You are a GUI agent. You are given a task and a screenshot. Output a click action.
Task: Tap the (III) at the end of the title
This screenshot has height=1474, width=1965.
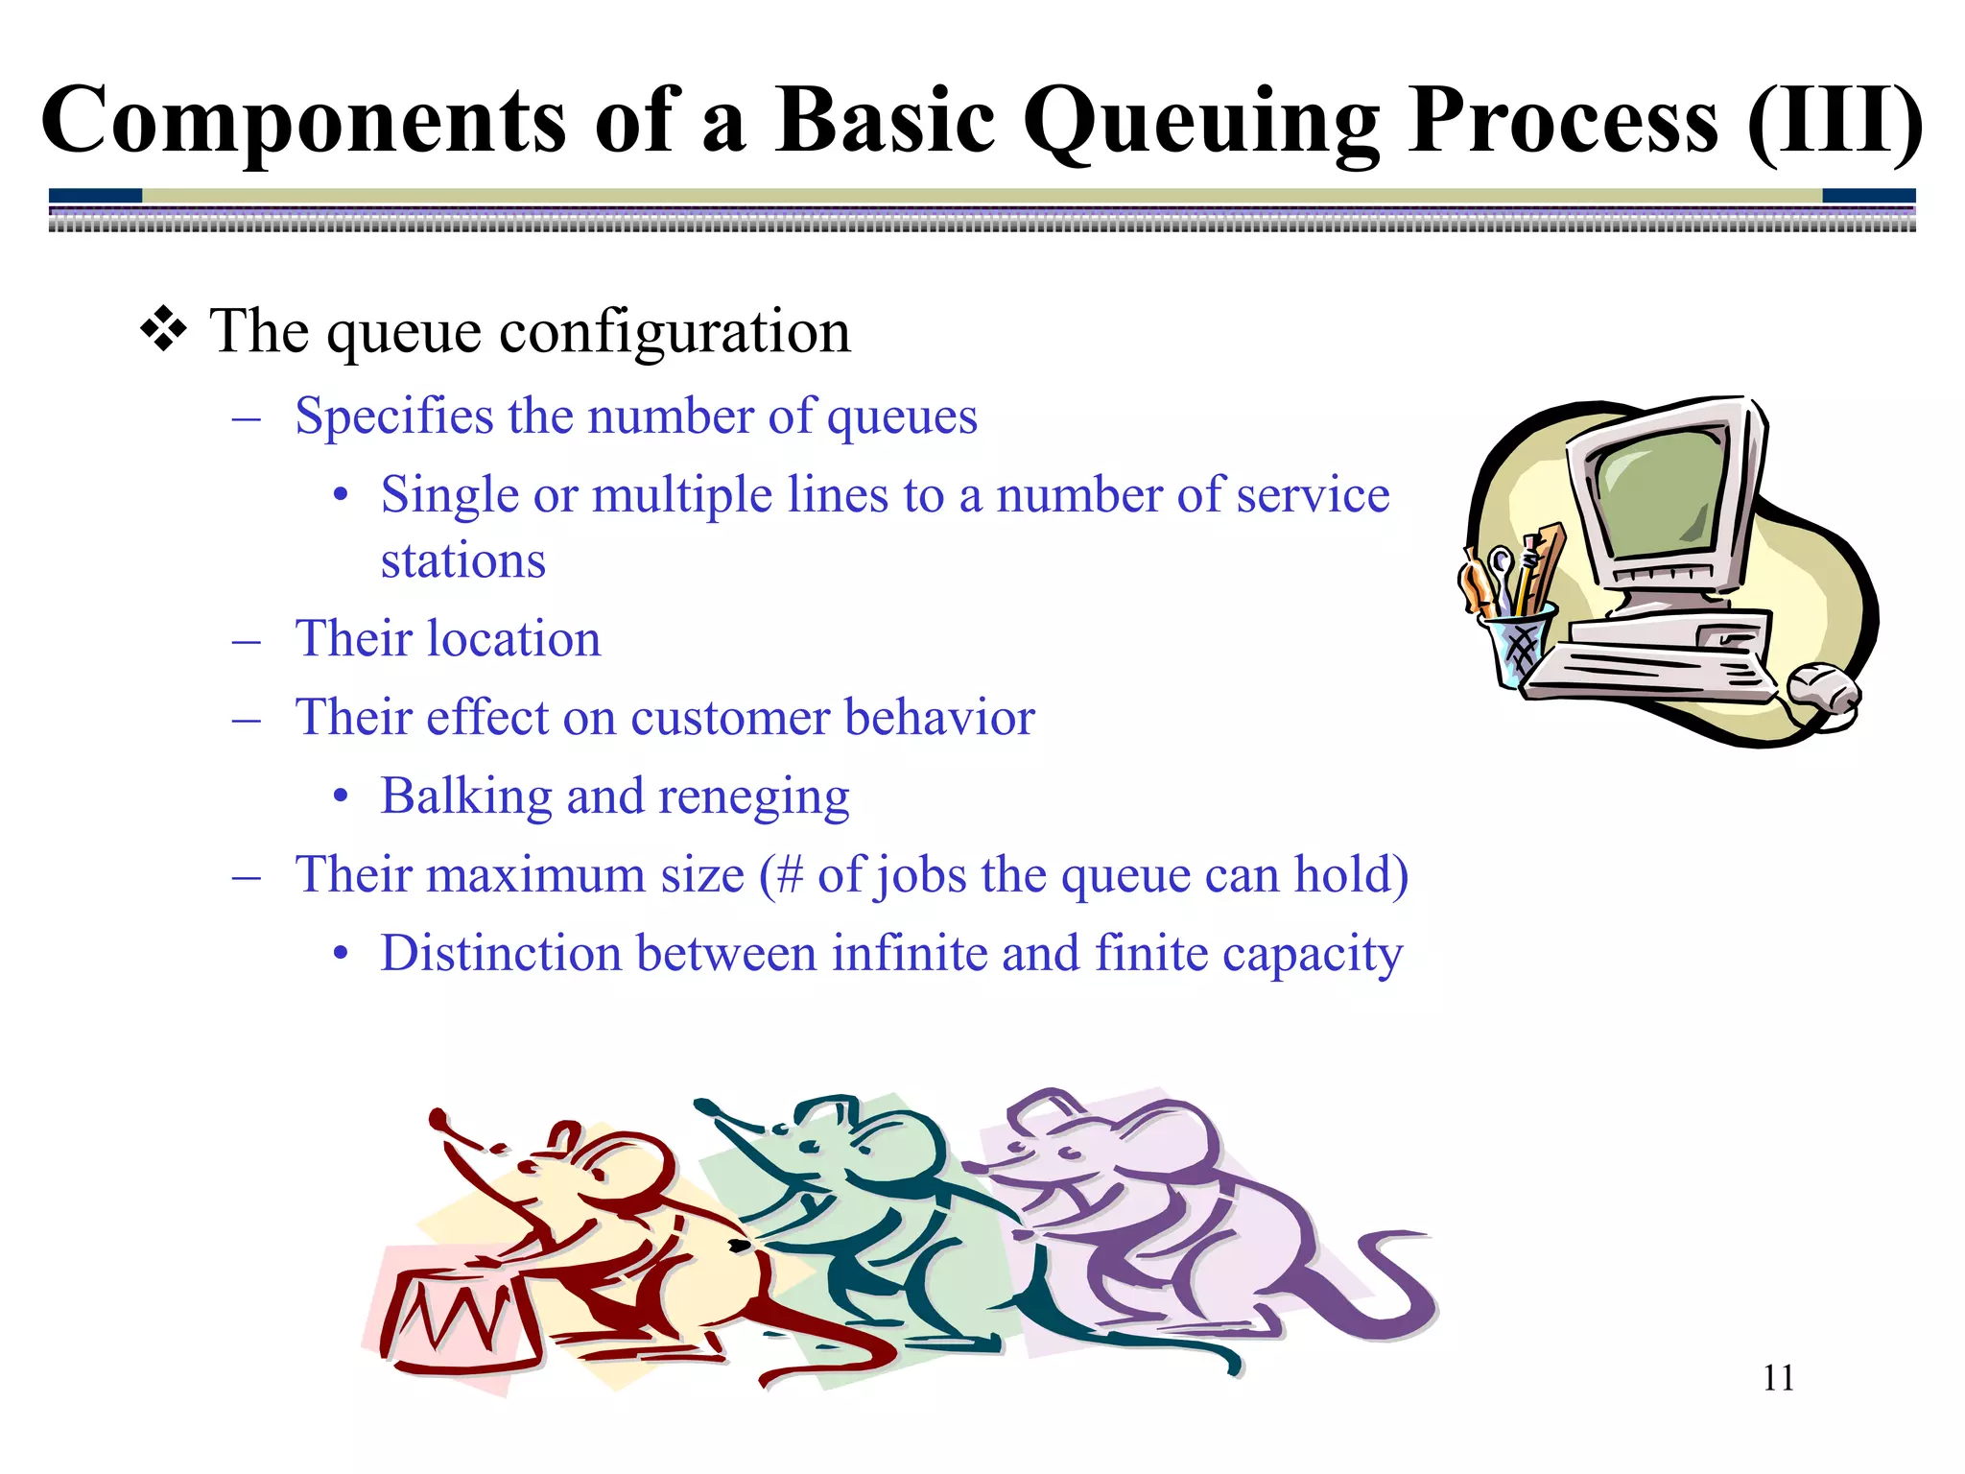click(1834, 123)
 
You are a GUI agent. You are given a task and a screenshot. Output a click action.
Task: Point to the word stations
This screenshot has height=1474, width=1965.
click(462, 560)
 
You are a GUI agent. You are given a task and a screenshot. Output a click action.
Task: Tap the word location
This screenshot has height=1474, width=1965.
click(514, 639)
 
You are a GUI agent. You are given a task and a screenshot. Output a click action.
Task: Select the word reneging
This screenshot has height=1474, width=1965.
click(754, 798)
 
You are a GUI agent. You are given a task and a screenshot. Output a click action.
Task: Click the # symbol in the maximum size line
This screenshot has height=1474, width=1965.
click(789, 875)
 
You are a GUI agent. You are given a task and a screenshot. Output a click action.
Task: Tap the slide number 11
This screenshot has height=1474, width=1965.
click(1778, 1378)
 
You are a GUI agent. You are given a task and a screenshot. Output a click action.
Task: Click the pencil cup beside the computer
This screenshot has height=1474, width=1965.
click(1516, 648)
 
